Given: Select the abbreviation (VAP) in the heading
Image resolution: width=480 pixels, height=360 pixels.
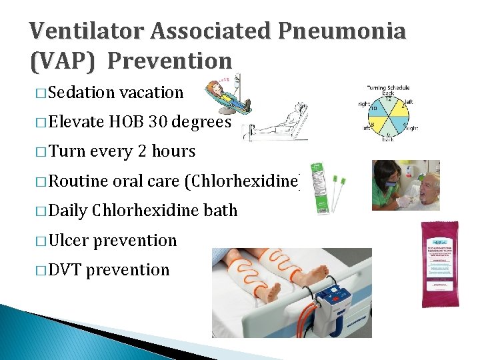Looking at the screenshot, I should [64, 61].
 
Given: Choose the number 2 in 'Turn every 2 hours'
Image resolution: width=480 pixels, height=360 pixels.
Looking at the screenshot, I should [143, 151].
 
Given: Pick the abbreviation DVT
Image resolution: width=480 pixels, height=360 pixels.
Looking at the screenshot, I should [65, 269].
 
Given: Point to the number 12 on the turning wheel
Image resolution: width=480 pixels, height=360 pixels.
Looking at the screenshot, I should [387, 101].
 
